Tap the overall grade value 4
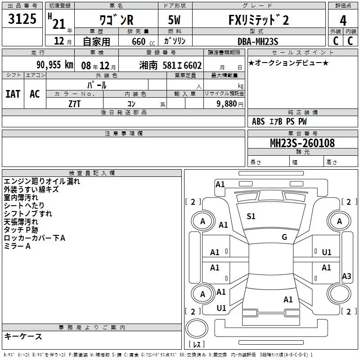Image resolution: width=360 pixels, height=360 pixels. (343, 20)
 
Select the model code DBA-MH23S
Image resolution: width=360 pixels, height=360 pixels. (258, 41)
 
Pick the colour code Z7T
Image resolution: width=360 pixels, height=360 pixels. (75, 103)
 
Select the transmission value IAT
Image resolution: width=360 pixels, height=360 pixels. (13, 94)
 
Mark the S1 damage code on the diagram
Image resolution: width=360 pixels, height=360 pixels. (251, 216)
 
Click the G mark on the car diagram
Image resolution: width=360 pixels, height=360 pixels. (284, 237)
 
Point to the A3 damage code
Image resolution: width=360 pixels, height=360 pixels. (346, 276)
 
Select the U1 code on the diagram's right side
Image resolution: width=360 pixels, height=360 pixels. (327, 252)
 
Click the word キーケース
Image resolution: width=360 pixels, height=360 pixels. (23, 337)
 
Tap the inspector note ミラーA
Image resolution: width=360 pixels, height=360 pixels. (17, 246)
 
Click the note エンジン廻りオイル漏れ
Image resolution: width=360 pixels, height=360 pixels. (42, 181)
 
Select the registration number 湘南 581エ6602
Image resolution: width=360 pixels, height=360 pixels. (171, 65)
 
